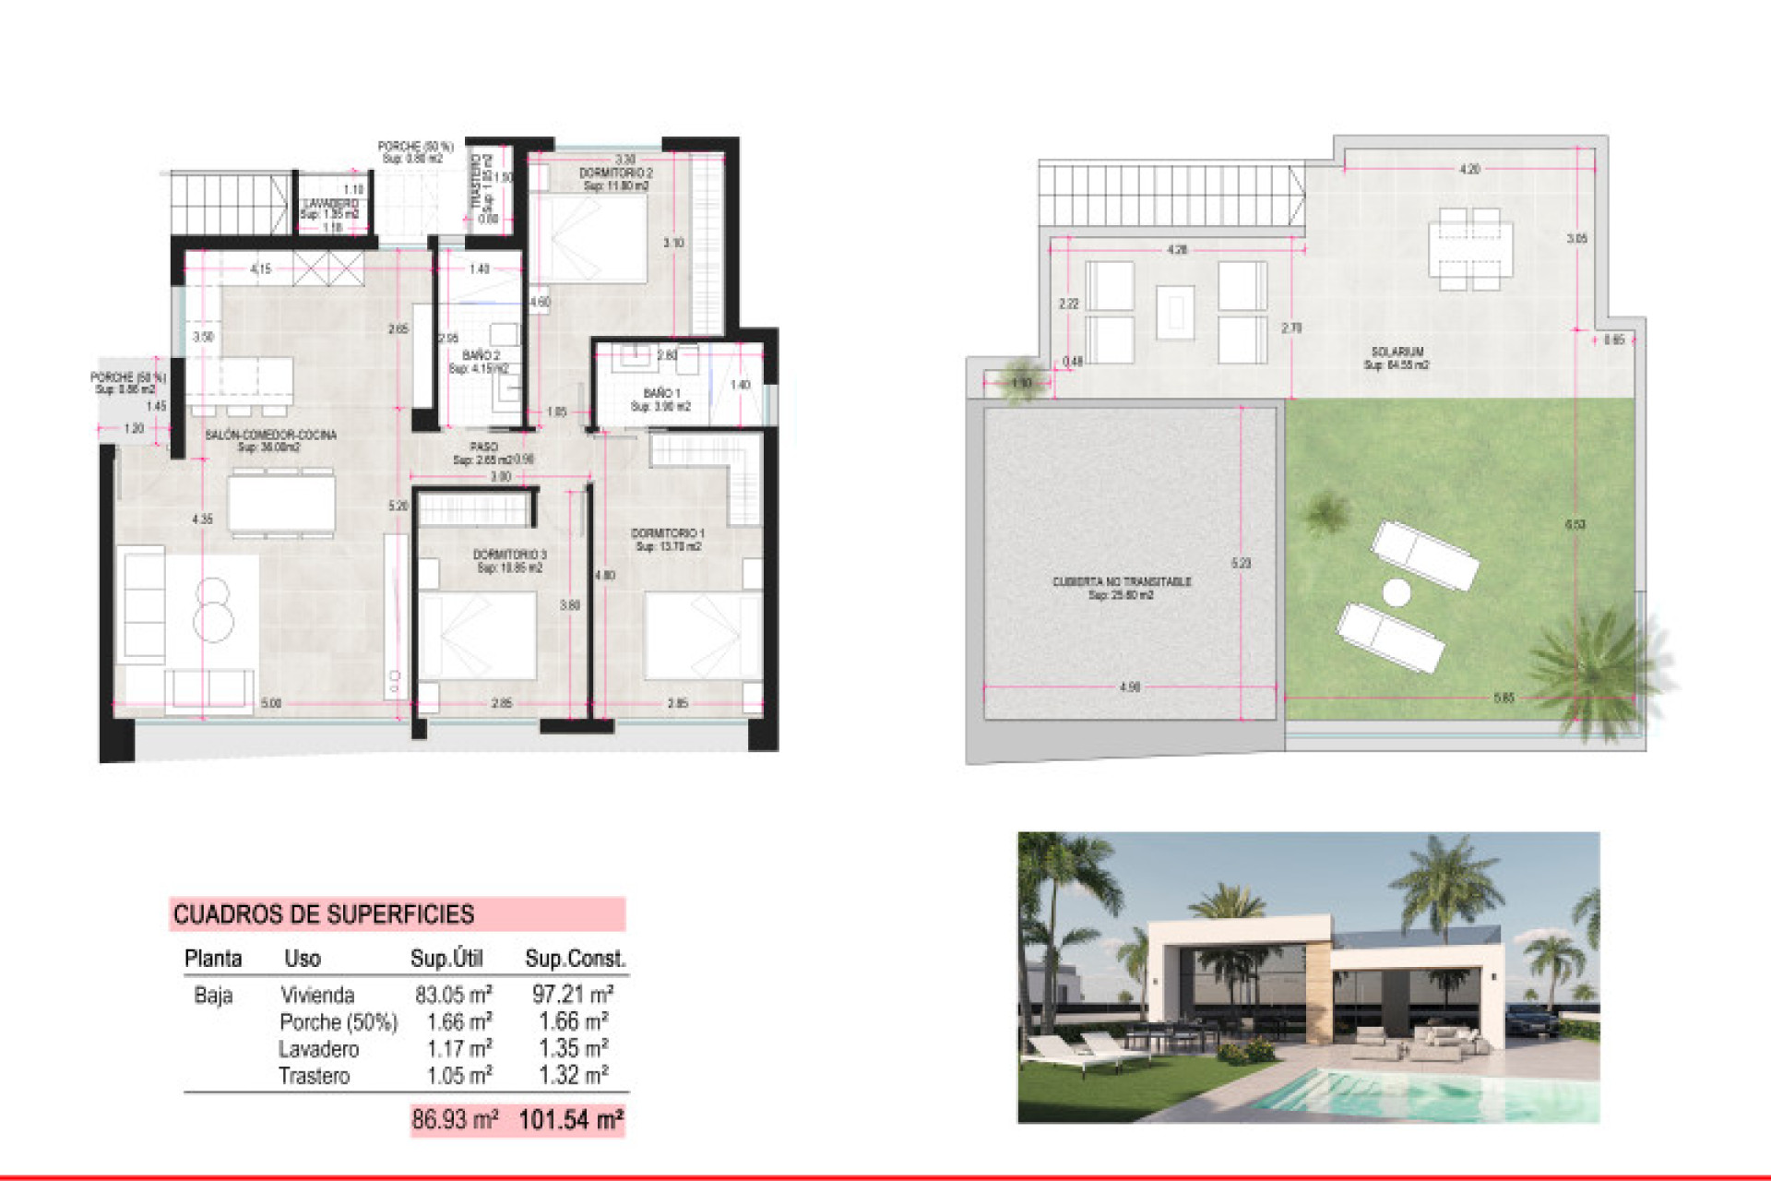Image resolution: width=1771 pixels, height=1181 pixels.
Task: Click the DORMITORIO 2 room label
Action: (x=615, y=173)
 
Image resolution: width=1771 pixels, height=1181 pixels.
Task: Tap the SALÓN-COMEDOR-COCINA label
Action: (x=270, y=435)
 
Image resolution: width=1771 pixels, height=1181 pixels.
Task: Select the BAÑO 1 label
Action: (x=661, y=394)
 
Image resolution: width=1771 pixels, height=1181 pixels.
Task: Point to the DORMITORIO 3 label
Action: (x=509, y=555)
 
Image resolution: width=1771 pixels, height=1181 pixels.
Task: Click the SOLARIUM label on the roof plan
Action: (x=1397, y=352)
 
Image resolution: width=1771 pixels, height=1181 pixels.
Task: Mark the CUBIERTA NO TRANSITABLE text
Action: (x=1122, y=582)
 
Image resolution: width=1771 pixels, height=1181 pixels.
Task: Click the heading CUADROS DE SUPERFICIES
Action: (x=324, y=914)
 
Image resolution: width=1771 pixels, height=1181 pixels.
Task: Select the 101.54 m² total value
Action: (x=571, y=1120)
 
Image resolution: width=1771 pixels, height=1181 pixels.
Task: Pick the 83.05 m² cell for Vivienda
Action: (x=453, y=995)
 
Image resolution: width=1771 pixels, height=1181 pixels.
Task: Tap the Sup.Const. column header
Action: (x=575, y=959)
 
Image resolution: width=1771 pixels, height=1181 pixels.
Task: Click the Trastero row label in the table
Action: (x=314, y=1076)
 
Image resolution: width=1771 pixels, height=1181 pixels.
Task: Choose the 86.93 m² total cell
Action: (x=455, y=1120)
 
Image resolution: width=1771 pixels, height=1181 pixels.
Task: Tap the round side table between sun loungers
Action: (x=1397, y=592)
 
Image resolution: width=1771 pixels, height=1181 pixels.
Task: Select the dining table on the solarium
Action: (x=1470, y=249)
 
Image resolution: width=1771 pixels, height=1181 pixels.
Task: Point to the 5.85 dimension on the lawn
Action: (x=1504, y=698)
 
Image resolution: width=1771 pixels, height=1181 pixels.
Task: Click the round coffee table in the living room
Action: (x=213, y=610)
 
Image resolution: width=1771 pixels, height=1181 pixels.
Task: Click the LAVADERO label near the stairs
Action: (x=330, y=204)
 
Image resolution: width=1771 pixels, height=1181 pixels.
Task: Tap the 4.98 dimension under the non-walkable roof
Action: (x=1129, y=687)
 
